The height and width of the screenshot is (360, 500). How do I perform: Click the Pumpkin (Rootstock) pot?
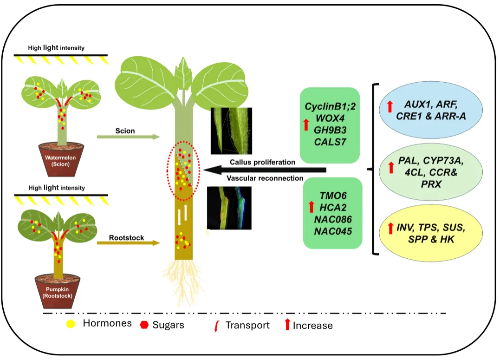click(58, 291)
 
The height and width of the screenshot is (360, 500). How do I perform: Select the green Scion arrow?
click(128, 137)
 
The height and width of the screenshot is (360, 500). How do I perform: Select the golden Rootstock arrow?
click(128, 243)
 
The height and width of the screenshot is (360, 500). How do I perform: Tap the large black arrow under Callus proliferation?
click(265, 170)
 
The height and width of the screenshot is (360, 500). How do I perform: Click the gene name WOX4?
click(330, 118)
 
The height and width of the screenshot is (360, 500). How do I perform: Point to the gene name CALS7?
click(330, 142)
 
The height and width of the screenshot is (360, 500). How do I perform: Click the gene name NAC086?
click(333, 219)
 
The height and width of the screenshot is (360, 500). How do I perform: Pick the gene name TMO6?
click(333, 195)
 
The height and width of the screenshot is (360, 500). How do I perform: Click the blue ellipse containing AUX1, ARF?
click(431, 110)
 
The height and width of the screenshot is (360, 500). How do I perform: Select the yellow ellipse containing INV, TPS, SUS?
click(431, 233)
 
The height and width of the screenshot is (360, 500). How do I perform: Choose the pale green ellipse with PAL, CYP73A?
click(431, 172)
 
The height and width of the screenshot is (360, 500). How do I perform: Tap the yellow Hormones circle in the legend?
click(71, 324)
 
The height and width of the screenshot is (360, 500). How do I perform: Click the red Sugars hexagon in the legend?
click(144, 325)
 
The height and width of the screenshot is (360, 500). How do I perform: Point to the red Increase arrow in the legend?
click(287, 324)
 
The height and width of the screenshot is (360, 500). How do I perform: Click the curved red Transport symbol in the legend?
click(217, 326)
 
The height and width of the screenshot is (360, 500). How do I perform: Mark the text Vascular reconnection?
click(265, 178)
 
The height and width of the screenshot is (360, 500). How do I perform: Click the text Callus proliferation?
click(262, 162)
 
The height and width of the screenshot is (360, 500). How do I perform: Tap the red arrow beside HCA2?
click(312, 207)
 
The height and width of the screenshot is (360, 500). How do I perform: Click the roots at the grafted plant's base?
click(183, 279)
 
